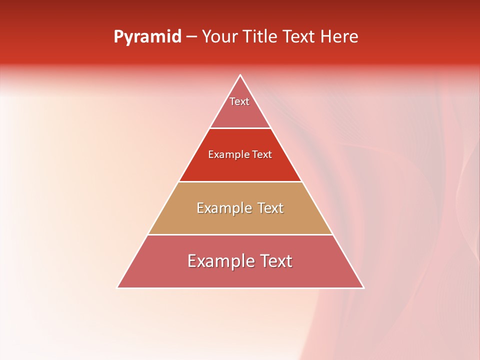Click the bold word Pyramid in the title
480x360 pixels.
point(147,37)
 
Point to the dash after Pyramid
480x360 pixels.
point(191,37)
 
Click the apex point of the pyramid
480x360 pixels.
point(240,75)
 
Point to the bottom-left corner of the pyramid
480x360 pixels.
point(118,287)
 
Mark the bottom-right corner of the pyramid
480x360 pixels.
point(363,287)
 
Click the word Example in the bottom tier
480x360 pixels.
point(220,261)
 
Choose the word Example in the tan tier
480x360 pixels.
point(223,208)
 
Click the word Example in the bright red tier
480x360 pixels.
point(226,155)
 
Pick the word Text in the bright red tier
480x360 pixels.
point(262,155)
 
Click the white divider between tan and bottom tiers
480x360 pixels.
point(240,234)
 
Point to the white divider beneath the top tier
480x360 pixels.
point(240,128)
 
